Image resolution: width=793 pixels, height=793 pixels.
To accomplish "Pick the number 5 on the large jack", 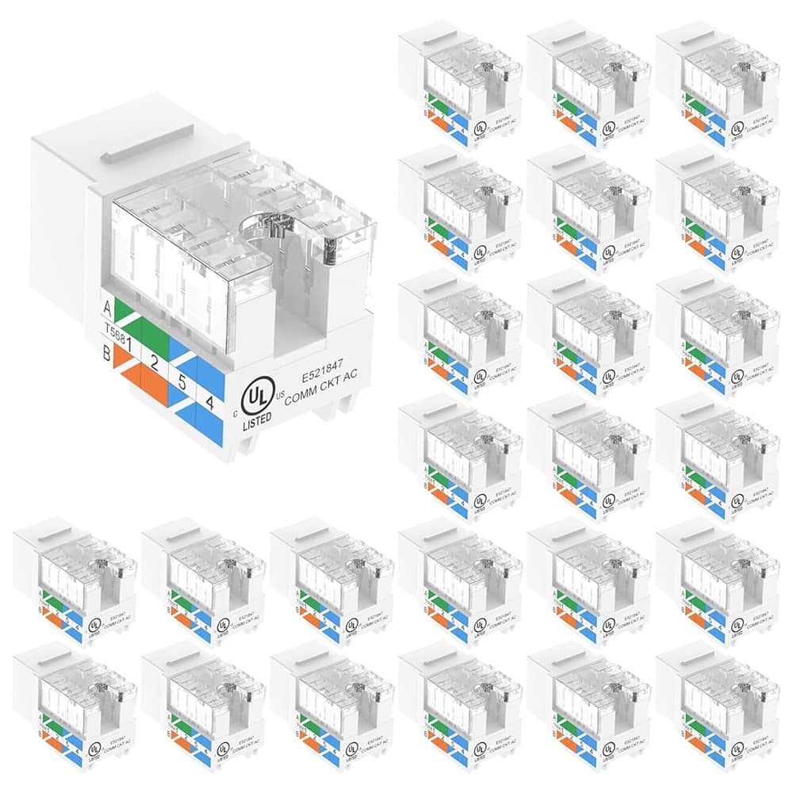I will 182,379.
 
